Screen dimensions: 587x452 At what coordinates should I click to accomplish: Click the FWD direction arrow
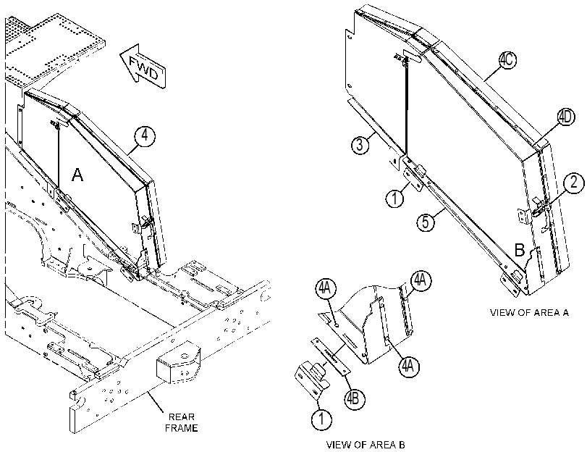(x=143, y=67)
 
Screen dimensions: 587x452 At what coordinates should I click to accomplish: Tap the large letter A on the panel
(x=77, y=175)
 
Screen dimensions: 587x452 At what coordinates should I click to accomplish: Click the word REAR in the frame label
(x=182, y=417)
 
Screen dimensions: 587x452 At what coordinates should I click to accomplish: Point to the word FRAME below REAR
(x=182, y=427)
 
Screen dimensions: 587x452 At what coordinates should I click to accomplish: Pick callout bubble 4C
(x=507, y=60)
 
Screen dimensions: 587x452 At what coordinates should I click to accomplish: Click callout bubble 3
(x=360, y=145)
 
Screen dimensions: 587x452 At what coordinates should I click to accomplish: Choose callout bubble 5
(x=426, y=222)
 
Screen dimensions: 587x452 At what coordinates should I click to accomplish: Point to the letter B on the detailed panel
(x=520, y=250)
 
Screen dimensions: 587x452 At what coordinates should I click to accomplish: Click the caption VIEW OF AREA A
(x=529, y=313)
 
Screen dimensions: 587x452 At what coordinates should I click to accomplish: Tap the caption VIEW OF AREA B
(x=366, y=445)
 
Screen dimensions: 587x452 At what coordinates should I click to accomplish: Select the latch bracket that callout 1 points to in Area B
(x=312, y=381)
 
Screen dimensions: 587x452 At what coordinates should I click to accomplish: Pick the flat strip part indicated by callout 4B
(x=330, y=356)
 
